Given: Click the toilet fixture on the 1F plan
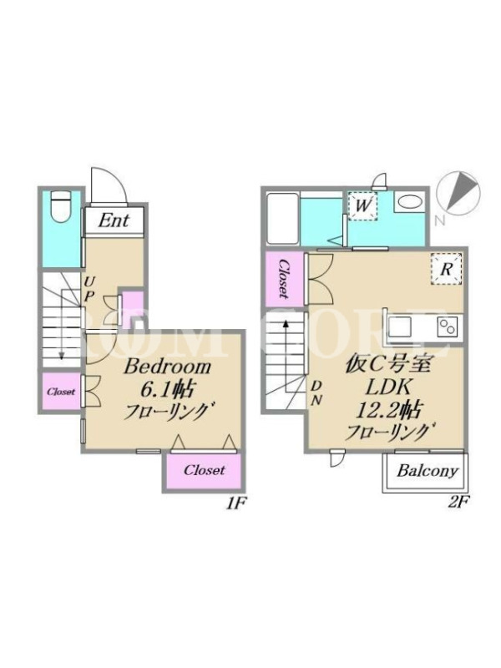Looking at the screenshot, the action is point(60,206).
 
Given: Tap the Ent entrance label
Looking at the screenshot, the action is point(114,220).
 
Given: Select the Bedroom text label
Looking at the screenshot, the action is point(168,367).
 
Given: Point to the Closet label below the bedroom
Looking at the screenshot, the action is point(204,470).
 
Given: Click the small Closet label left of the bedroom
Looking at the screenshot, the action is point(61,392).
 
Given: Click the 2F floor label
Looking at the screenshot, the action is point(458,504).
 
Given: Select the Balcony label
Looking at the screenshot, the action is point(428,471).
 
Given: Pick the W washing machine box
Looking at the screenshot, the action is point(363,206).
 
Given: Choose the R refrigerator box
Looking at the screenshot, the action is point(446,268).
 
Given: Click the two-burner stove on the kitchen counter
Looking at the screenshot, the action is point(448,327).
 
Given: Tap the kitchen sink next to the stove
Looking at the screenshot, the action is point(399,327).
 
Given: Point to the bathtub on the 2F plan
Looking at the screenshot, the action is point(281,218).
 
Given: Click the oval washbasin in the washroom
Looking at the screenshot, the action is point(410,202).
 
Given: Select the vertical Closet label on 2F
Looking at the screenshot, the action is point(283,279).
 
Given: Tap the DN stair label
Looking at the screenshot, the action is point(316,393).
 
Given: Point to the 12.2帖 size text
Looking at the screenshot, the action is point(388,411).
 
